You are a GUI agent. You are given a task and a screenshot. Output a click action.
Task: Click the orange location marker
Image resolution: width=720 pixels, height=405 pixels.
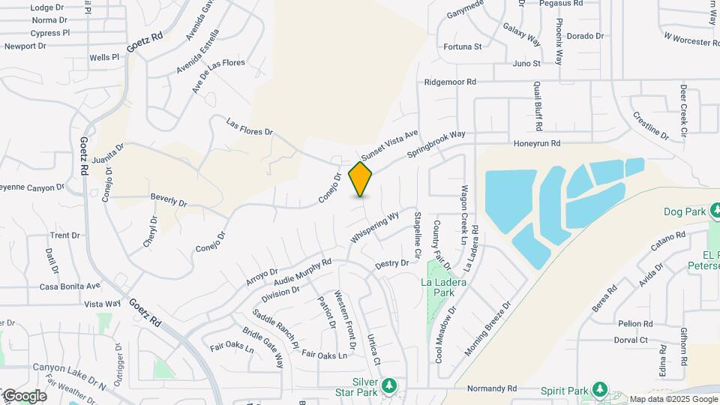point(361,179)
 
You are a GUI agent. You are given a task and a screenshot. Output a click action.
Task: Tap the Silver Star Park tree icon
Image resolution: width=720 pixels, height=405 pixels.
point(388,385)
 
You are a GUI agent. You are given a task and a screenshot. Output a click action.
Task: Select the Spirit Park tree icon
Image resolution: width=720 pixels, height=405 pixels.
point(598,390)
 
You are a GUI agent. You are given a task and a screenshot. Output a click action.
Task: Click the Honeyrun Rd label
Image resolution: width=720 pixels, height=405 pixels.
point(537,143)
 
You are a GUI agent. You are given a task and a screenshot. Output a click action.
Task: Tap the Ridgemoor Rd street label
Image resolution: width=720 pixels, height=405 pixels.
point(450,82)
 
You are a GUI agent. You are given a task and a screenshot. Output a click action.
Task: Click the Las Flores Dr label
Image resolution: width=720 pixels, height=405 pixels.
point(250,127)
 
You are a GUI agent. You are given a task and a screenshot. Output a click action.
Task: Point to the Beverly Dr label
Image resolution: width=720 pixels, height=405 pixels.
point(168,200)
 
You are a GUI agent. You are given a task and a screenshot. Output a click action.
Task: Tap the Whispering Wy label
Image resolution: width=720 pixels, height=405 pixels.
point(374,229)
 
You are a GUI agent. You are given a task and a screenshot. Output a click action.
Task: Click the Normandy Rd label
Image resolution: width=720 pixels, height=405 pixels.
point(492,389)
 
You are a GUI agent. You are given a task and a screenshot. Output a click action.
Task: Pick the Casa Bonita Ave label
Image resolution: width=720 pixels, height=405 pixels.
point(70,286)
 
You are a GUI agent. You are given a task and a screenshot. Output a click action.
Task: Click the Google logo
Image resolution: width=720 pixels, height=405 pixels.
point(25,396)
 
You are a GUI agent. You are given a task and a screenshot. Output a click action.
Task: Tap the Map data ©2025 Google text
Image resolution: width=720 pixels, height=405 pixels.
point(672,399)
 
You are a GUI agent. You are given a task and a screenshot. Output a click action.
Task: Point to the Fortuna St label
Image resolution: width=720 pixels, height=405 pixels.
point(462,46)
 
